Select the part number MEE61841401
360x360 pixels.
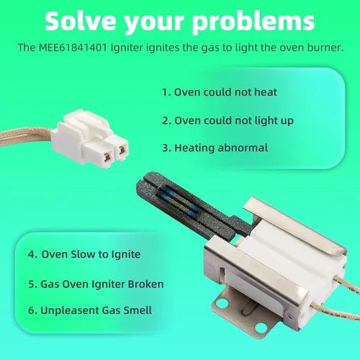click(73, 48)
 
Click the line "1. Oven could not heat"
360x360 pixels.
click(220, 92)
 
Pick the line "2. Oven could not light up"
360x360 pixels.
click(228, 120)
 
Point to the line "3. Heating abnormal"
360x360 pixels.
click(215, 148)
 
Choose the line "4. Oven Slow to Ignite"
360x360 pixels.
click(84, 254)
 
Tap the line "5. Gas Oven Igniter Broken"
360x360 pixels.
click(96, 284)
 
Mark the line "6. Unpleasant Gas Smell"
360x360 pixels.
click(90, 310)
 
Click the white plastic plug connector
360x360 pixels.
click(90, 138)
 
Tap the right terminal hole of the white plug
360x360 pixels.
click(122, 150)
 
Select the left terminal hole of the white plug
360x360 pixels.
click(108, 157)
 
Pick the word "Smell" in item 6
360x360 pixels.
click(138, 310)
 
